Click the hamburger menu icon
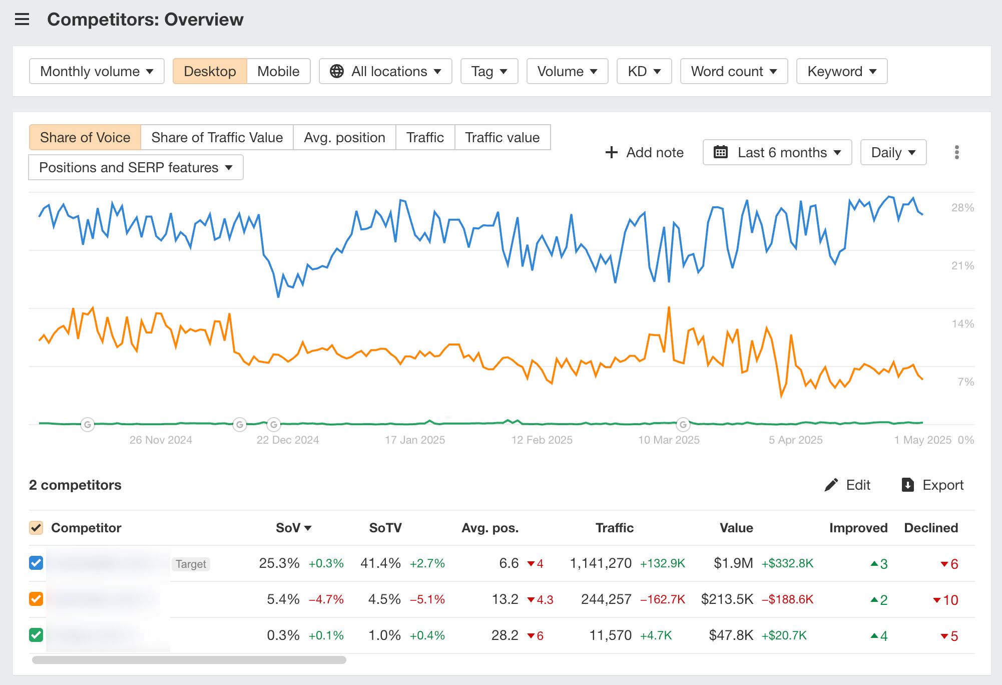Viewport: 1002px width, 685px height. [22, 20]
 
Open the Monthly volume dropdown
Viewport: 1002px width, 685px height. [97, 71]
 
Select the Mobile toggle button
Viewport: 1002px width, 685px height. [278, 71]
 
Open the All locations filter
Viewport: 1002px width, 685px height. [385, 71]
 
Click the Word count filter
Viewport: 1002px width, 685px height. [734, 71]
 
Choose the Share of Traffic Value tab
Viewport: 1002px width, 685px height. [217, 137]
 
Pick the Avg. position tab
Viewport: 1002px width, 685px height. [344, 137]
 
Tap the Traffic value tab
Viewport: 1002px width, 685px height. [502, 137]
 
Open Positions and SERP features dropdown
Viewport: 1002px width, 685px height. [136, 167]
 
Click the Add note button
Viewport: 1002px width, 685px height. [645, 152]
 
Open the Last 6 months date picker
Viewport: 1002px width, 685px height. [777, 152]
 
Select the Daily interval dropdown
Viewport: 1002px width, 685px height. [893, 152]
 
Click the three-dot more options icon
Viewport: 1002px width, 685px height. [956, 152]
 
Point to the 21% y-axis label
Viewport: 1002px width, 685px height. [962, 265]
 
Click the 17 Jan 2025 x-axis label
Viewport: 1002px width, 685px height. [414, 440]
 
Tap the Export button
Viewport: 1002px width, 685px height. [932, 485]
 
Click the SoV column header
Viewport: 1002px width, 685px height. [293, 528]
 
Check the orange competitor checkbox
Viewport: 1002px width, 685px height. [36, 599]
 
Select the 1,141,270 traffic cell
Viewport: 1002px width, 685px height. [601, 563]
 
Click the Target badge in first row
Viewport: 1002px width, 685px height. [191, 564]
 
